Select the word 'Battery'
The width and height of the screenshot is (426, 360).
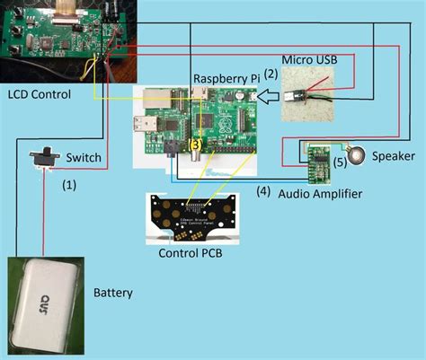(113, 294)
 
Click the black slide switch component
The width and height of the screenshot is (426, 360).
(43, 159)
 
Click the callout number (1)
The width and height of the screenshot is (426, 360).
(69, 185)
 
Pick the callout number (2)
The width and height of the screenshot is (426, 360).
(271, 86)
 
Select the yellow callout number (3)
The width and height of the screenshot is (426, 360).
(196, 144)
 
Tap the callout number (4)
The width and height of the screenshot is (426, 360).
(263, 190)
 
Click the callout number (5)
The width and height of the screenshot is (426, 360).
(340, 164)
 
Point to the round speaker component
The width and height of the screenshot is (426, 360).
(358, 156)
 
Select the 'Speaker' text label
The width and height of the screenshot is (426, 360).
(394, 156)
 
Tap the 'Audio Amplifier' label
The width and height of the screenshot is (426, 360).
(322, 193)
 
